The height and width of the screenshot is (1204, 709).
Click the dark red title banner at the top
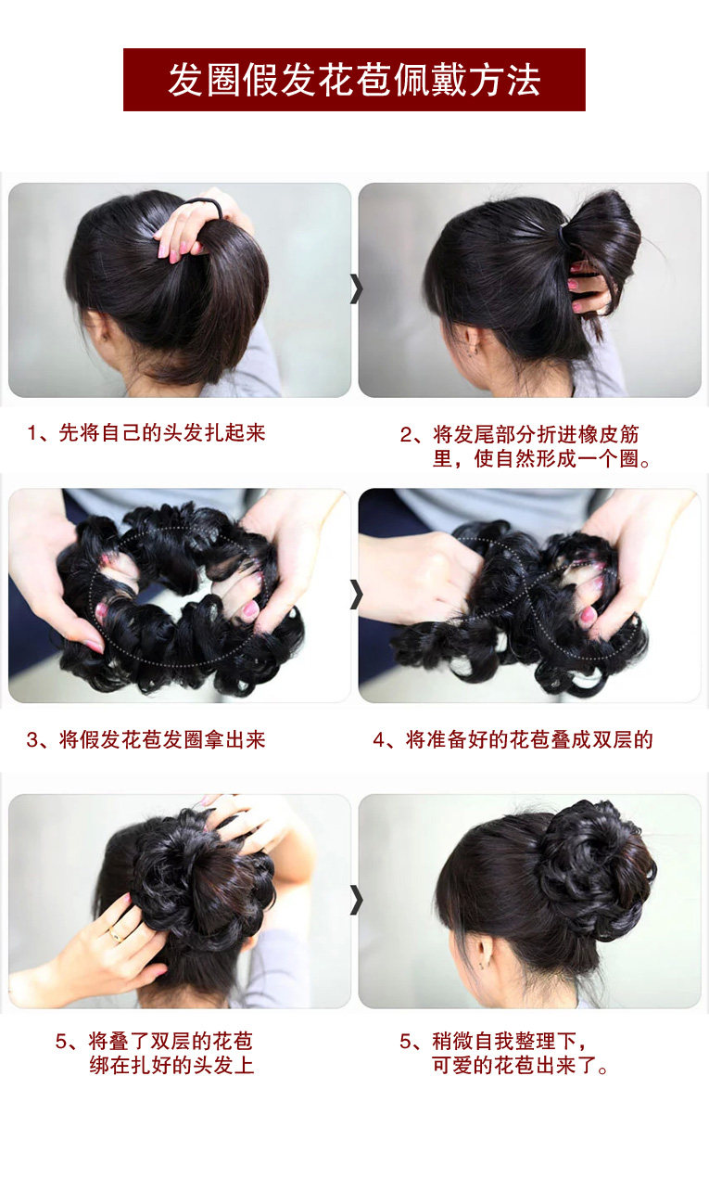click(x=354, y=80)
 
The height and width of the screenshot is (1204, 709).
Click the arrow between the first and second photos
click(x=355, y=288)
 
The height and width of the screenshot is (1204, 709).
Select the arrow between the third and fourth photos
click(x=355, y=594)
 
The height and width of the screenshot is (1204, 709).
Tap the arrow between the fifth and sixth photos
click(x=355, y=899)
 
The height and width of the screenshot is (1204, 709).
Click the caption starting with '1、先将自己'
click(x=146, y=433)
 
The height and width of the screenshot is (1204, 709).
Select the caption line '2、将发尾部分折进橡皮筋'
click(x=519, y=434)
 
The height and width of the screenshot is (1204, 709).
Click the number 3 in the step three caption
click(x=32, y=739)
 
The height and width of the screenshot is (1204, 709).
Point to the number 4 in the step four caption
click(x=379, y=739)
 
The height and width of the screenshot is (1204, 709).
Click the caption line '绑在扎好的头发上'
click(x=171, y=1065)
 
